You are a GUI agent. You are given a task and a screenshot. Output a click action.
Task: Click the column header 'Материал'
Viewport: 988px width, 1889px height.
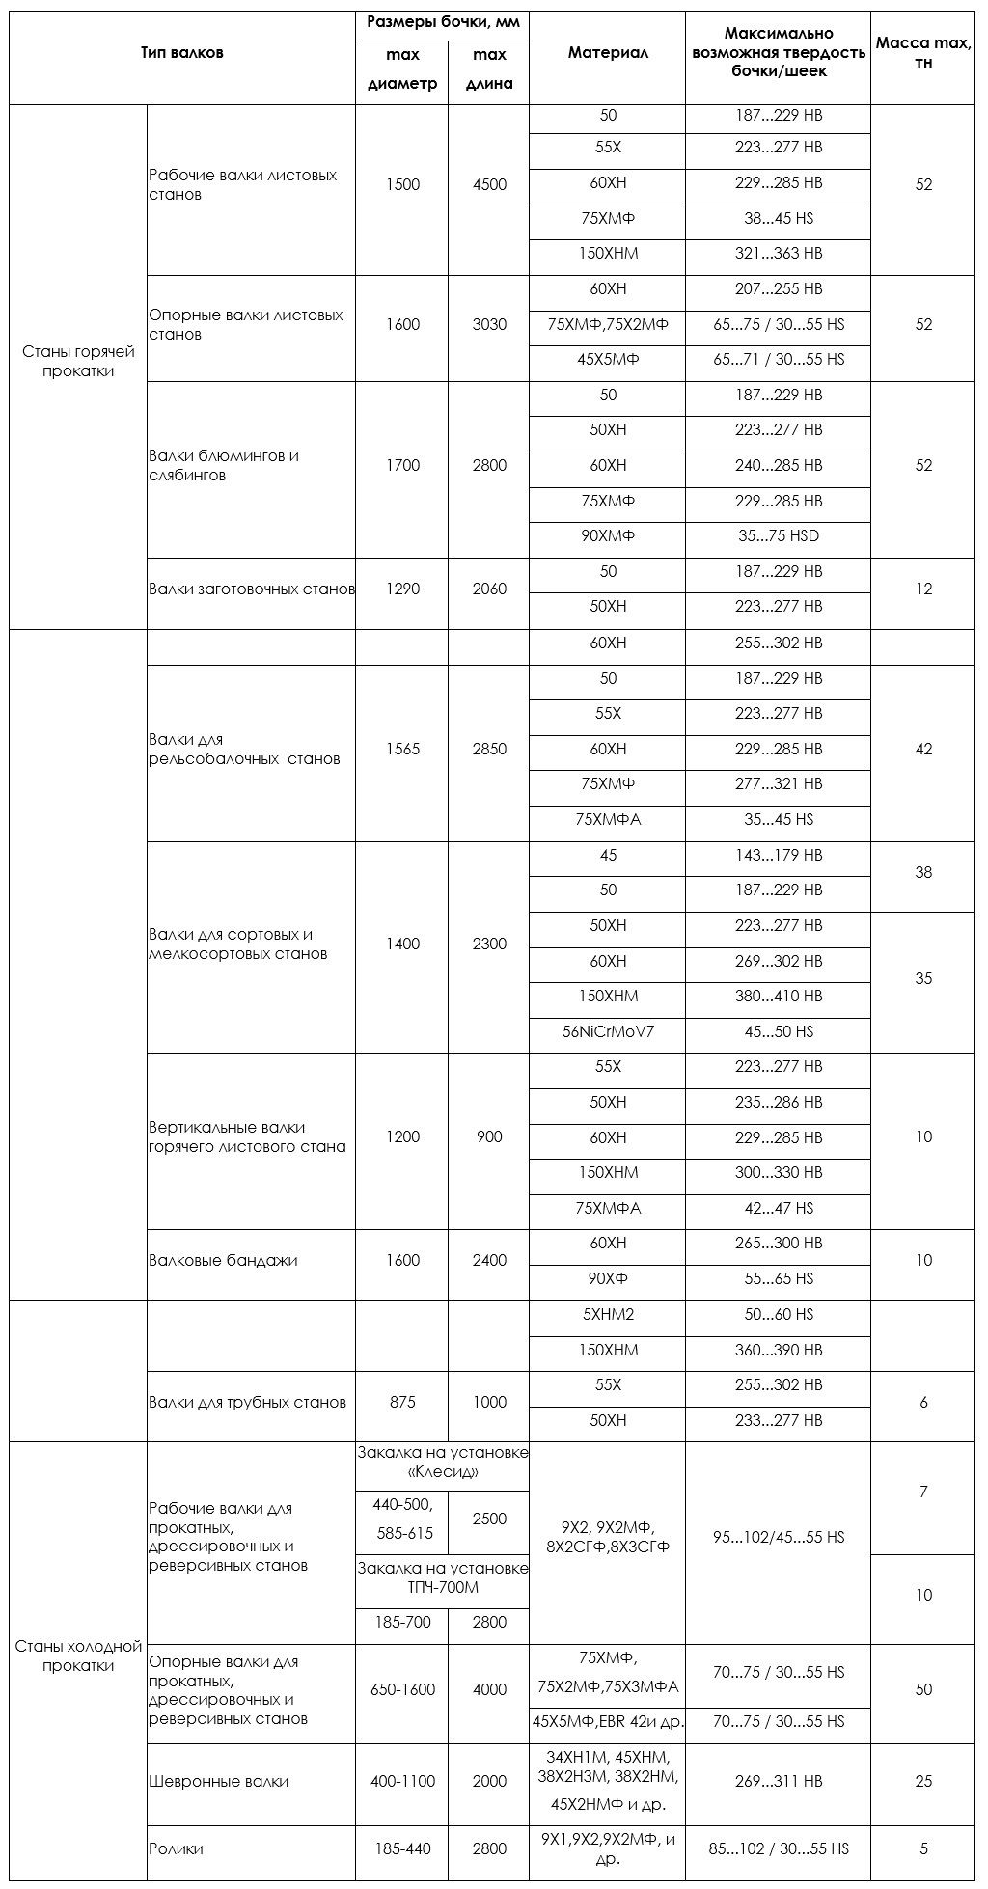607,53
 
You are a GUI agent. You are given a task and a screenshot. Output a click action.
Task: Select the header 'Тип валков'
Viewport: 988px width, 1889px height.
181,53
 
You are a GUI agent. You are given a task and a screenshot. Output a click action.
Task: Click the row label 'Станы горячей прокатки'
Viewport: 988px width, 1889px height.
78,361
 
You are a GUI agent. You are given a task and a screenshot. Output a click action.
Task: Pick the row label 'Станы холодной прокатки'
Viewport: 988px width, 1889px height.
78,1656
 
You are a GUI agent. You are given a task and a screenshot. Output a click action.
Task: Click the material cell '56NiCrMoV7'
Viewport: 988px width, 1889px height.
607,1031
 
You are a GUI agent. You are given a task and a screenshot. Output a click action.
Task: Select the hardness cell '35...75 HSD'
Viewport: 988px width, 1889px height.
778,536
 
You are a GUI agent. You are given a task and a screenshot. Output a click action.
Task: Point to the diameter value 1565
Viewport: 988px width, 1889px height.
402,749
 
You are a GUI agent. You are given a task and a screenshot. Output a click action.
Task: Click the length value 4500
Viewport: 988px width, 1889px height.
489,184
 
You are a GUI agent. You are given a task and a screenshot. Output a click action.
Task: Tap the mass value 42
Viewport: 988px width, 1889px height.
923,749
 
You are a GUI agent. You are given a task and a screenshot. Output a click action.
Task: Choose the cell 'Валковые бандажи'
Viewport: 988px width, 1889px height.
223,1260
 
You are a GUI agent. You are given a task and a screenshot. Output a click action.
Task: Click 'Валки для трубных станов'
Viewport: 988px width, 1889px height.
247,1402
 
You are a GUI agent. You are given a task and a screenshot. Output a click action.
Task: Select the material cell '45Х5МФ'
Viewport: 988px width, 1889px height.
607,360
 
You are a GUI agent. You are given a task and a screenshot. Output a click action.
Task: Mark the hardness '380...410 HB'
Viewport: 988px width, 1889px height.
778,996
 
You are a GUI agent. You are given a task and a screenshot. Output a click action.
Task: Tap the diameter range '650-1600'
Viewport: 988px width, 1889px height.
402,1689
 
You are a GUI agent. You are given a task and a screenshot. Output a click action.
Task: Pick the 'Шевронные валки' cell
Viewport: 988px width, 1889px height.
219,1781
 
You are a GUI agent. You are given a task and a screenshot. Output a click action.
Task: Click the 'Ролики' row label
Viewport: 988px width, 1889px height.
176,1848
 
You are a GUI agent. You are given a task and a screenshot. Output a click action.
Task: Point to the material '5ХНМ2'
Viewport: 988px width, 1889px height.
607,1314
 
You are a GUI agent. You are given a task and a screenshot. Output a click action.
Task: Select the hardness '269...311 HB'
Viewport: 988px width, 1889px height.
778,1781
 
